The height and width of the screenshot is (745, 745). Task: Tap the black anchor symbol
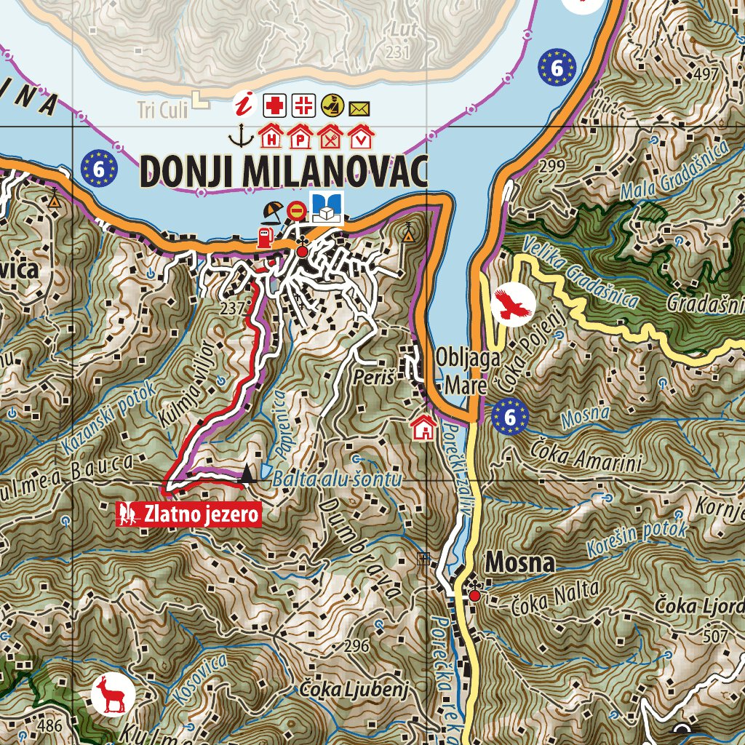coord(236,135)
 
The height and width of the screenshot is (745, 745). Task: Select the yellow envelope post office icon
coord(359,109)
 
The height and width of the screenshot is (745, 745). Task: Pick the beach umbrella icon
coord(273,211)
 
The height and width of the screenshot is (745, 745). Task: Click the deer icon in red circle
coord(113,695)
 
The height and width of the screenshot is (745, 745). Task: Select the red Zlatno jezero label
coord(189,514)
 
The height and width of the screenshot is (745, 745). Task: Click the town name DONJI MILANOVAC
coord(283,171)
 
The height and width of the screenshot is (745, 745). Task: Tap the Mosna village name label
coord(520,562)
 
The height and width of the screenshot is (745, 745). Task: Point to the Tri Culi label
coord(162,111)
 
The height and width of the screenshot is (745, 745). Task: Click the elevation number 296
coord(356,646)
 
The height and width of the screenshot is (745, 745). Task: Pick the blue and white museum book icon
coord(327,208)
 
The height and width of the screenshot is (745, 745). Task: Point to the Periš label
coord(375,378)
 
